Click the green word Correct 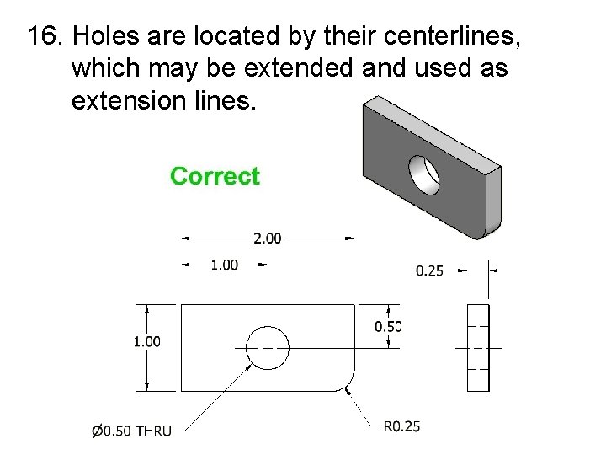[215, 176]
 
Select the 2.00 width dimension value [268, 238]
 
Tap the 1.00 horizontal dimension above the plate [224, 265]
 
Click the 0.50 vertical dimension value [388, 326]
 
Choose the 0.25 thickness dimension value [430, 270]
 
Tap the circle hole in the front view [268, 347]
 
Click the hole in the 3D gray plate [425, 174]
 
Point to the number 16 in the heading [42, 37]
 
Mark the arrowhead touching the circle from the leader [250, 365]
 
